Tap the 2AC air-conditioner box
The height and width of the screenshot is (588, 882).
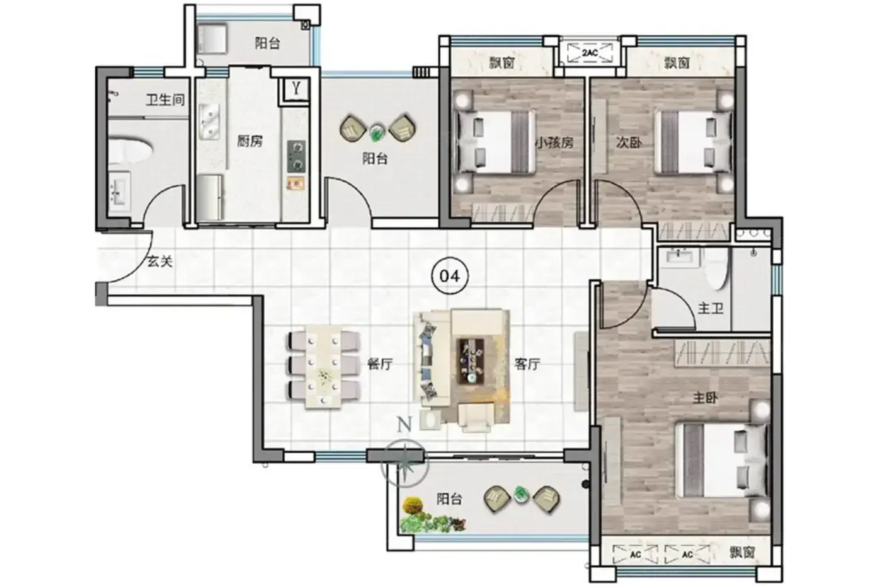[x=590, y=53]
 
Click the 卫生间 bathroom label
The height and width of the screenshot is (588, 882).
[x=165, y=100]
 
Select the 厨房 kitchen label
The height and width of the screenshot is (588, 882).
[x=250, y=141]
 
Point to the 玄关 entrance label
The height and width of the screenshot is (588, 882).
[x=160, y=261]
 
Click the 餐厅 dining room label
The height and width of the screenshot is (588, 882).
[x=380, y=364]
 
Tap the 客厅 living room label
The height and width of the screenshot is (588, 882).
[x=527, y=364]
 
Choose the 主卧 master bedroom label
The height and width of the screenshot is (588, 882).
[x=705, y=398]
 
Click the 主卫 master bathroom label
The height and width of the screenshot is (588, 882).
[x=711, y=308]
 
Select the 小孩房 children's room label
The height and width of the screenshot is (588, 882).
[x=554, y=142]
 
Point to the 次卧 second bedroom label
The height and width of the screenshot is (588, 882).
[x=629, y=142]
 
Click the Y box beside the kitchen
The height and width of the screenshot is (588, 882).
[x=295, y=89]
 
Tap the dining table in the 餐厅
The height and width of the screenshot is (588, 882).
[x=323, y=366]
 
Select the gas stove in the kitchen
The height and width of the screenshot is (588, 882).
[x=297, y=156]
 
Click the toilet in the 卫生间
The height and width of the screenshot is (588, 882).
[x=130, y=149]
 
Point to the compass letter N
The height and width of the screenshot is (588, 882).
[x=404, y=425]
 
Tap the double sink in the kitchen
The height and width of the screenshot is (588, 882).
[x=209, y=121]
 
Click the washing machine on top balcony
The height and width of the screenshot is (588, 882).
[x=212, y=38]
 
